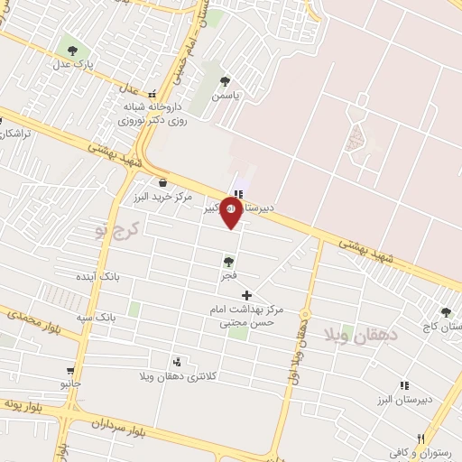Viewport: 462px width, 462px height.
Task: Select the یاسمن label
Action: click(225, 94)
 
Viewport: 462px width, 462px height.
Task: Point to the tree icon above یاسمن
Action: click(225, 80)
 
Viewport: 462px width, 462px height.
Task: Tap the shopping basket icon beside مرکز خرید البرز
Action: click(162, 181)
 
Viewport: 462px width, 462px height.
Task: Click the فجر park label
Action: click(228, 273)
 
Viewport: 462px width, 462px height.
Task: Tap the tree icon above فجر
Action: click(228, 261)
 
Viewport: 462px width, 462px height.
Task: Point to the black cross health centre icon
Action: click(246, 295)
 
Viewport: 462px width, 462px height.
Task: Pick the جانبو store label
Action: click(70, 383)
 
